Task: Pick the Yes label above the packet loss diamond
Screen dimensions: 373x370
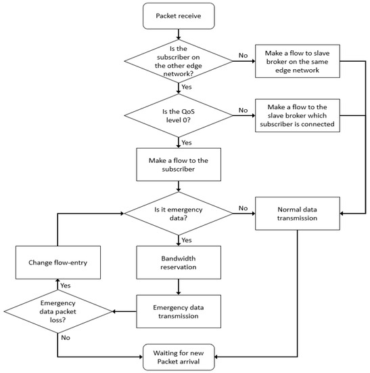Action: pos(66,284)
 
